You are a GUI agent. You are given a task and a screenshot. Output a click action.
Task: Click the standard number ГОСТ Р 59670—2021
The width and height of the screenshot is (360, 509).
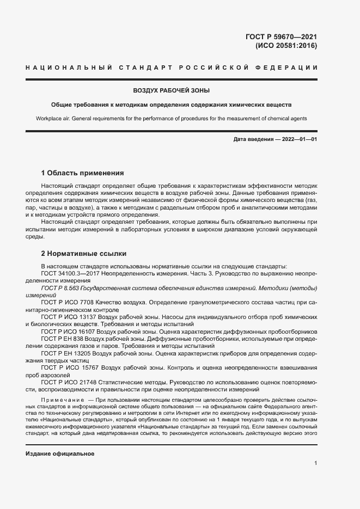(282, 37)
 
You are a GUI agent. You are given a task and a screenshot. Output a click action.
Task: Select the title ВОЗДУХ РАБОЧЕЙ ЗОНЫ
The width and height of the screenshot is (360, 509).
(172, 90)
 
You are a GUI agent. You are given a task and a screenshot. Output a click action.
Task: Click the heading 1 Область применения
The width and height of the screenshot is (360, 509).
(83, 173)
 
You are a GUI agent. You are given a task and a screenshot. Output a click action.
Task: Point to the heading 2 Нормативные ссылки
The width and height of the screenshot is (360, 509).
(84, 254)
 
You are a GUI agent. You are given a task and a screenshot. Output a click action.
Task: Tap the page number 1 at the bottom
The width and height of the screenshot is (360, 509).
(315, 463)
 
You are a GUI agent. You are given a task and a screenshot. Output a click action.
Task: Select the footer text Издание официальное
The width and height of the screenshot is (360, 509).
(60, 439)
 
